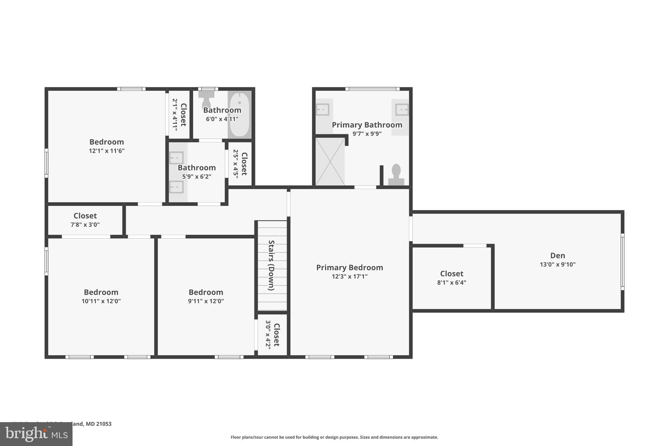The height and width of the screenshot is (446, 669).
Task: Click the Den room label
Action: coord(557,256)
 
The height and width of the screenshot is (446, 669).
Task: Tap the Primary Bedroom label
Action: coord(350,268)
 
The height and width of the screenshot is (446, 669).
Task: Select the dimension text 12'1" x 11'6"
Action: coord(107,151)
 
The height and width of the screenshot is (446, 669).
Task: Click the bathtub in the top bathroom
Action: coord(239,114)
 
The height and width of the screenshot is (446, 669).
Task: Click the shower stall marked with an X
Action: coord(330,161)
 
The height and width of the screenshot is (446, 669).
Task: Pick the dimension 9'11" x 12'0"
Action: coord(206,301)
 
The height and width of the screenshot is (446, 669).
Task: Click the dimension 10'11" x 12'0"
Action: coord(101,301)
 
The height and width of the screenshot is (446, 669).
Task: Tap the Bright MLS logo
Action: coord(36,434)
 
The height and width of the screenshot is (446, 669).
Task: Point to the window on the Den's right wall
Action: coord(622,262)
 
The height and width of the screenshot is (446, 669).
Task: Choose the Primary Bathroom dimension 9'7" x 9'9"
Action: coord(367,134)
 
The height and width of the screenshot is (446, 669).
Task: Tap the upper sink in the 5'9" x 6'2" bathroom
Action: coord(176,158)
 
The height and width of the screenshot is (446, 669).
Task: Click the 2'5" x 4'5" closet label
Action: coord(240,164)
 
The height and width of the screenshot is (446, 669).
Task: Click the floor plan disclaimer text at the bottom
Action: coord(334,437)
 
